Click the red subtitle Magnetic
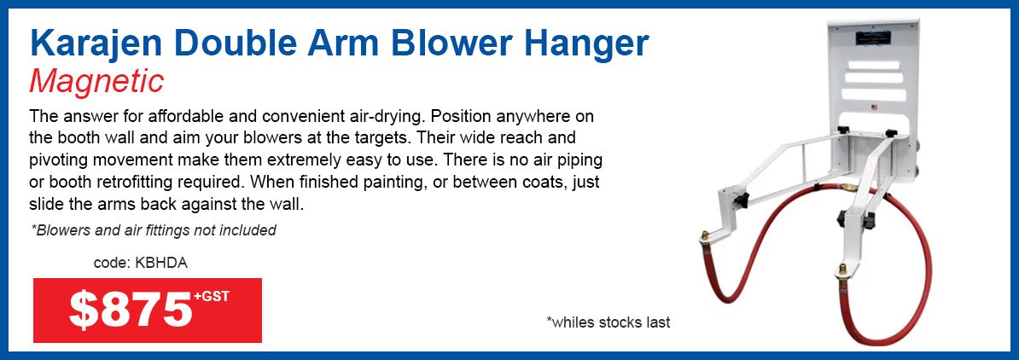96,83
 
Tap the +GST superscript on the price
212,297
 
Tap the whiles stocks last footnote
608,322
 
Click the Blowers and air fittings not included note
154,229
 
